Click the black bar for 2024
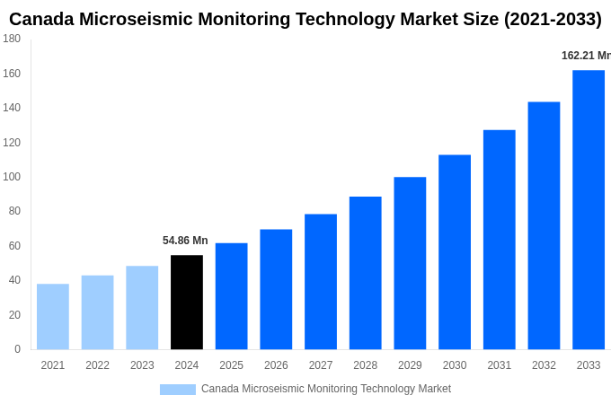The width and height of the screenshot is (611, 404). tap(187, 303)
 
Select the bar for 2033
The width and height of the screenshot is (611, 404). tap(589, 210)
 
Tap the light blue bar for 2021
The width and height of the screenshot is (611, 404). tap(53, 317)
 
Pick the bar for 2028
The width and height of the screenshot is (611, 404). tap(365, 273)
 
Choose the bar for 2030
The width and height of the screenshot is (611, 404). tap(455, 252)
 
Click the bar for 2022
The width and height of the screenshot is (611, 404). tap(97, 312)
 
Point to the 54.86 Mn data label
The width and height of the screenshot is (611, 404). tap(185, 241)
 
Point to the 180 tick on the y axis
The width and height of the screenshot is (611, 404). tap(12, 39)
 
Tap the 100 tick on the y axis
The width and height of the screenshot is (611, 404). tap(12, 177)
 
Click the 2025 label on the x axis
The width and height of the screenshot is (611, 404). tap(231, 365)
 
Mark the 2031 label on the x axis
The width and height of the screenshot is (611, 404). tap(499, 365)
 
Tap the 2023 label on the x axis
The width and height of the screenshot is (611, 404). tap(142, 365)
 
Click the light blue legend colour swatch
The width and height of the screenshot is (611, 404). tap(177, 390)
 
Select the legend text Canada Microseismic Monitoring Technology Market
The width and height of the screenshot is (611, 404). tap(326, 389)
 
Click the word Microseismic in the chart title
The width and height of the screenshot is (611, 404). tap(141, 19)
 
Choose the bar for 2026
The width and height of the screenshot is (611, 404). tap(276, 289)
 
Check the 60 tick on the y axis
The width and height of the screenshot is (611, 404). tap(14, 246)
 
